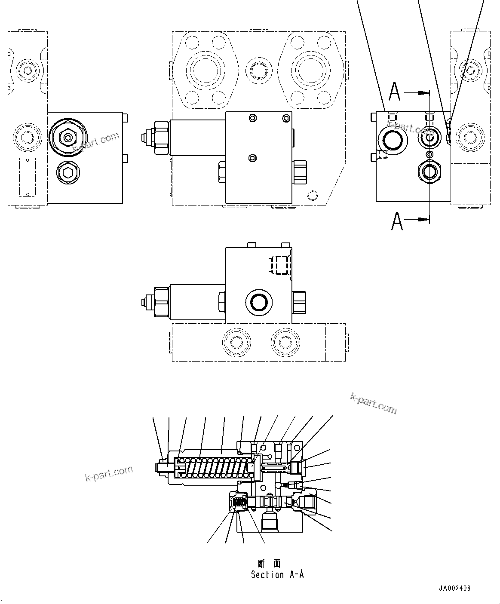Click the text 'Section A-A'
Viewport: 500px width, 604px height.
click(277, 575)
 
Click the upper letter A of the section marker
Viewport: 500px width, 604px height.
click(395, 91)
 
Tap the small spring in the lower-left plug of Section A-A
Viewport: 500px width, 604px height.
click(239, 502)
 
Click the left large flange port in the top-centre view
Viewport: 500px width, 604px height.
click(206, 69)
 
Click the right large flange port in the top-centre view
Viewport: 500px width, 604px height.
click(310, 69)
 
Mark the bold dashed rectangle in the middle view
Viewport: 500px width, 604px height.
click(282, 265)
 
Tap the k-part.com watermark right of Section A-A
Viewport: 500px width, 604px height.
click(373, 403)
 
